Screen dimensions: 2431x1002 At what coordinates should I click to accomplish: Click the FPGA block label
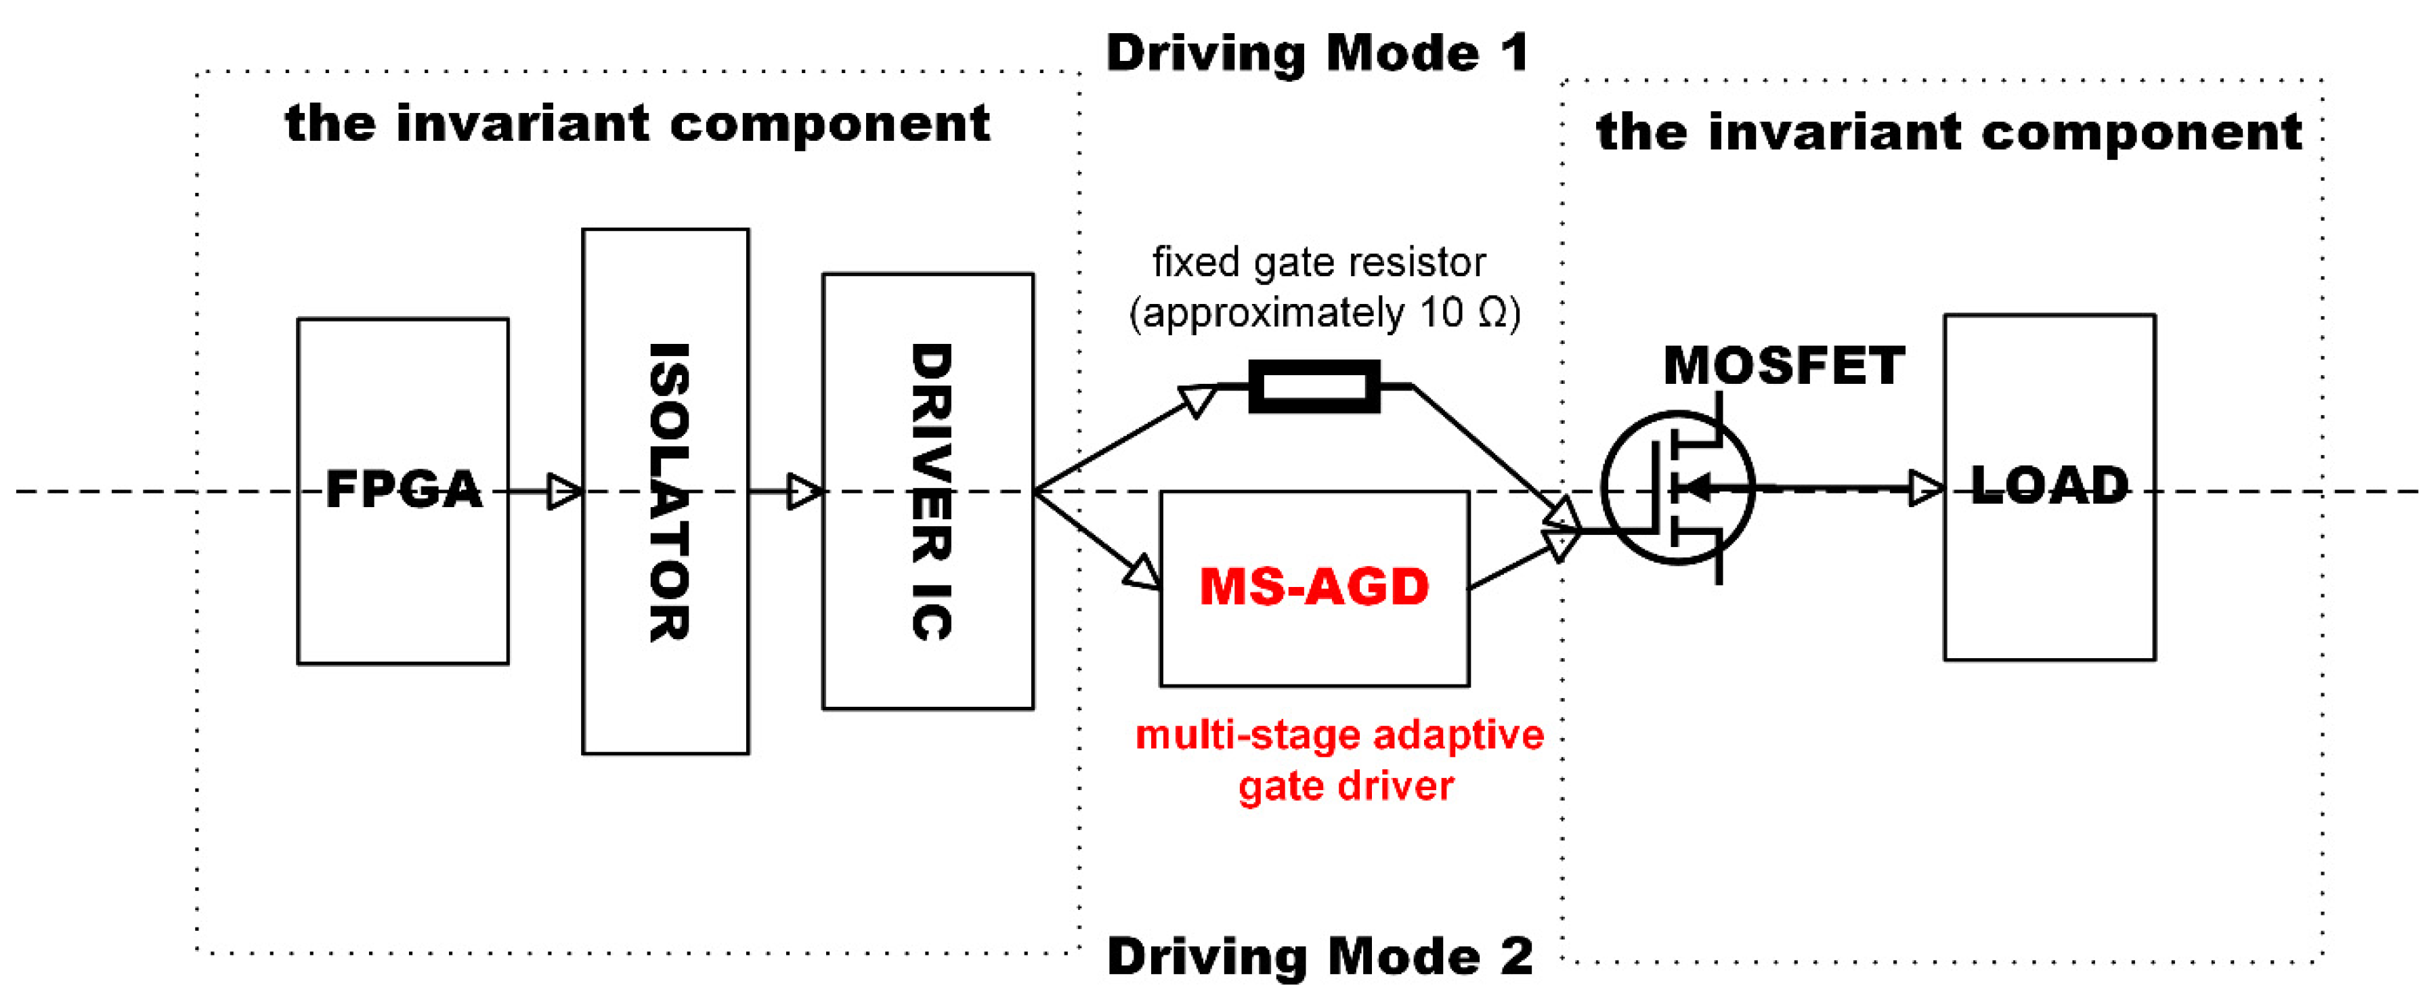point(403,489)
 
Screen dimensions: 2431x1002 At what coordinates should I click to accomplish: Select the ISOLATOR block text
point(668,492)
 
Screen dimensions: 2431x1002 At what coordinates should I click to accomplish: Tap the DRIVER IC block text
point(930,492)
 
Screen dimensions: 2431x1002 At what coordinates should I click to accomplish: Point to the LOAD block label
point(2050,487)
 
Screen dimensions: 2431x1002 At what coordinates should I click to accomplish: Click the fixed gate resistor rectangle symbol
point(1314,386)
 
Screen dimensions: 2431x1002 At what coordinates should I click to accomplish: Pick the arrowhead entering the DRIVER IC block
point(805,492)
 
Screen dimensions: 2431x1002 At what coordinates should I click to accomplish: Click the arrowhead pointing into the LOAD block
point(1926,487)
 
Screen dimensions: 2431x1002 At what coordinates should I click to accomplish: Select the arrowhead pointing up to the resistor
point(1199,399)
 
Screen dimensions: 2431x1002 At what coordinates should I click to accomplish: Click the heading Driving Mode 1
point(1318,52)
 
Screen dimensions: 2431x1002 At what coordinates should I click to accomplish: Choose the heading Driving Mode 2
point(1319,956)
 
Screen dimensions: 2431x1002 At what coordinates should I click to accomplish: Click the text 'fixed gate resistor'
point(1319,262)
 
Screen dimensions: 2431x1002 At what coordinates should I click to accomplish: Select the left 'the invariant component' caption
point(637,124)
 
